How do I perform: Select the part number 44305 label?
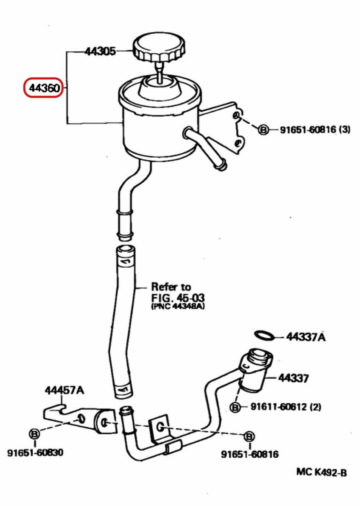tap(100, 51)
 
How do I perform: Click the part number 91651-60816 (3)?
tap(315, 130)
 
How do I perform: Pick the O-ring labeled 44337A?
tap(264, 335)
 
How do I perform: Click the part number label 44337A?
tap(305, 337)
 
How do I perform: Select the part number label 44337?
tap(293, 378)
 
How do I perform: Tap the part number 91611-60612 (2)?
tap(285, 407)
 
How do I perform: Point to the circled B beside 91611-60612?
tap(235, 407)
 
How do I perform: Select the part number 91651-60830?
tap(35, 453)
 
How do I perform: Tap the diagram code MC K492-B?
tap(321, 472)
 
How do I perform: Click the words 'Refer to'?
tap(171, 286)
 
